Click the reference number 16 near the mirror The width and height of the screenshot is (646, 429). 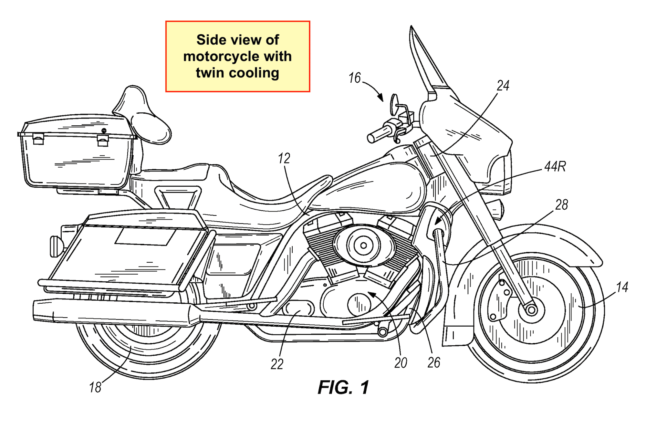click(354, 78)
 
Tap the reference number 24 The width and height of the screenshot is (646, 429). click(503, 86)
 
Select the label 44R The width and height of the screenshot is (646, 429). click(555, 167)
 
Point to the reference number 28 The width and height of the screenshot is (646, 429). click(561, 205)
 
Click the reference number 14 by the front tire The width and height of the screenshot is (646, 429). click(622, 287)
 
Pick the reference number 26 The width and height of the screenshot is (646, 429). click(434, 362)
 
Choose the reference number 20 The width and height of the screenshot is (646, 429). click(401, 363)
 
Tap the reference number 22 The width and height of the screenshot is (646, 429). click(277, 364)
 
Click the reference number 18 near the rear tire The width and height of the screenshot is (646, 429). click(95, 387)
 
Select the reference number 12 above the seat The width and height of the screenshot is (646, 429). click(284, 158)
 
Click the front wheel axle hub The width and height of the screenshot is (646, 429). click(531, 310)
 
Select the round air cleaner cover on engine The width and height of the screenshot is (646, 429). click(363, 246)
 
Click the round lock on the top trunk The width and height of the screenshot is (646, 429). click(104, 131)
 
